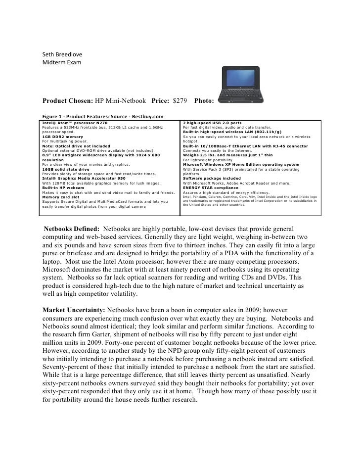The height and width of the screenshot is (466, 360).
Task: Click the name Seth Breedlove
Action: point(63,54)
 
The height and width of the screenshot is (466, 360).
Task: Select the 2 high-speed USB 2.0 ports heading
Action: point(212,122)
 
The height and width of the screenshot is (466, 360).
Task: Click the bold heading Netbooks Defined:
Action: point(73,230)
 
